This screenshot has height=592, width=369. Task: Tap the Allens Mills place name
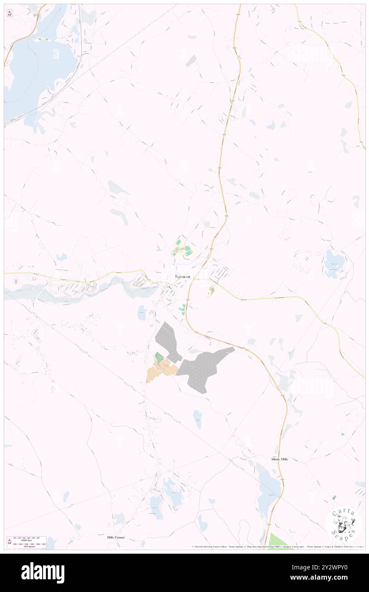[279, 460]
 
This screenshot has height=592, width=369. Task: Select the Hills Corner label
[116, 538]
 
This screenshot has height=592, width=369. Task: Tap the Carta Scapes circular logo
[344, 523]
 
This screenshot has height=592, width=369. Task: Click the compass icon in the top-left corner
[9, 13]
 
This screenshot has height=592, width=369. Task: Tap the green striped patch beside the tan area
[159, 357]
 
